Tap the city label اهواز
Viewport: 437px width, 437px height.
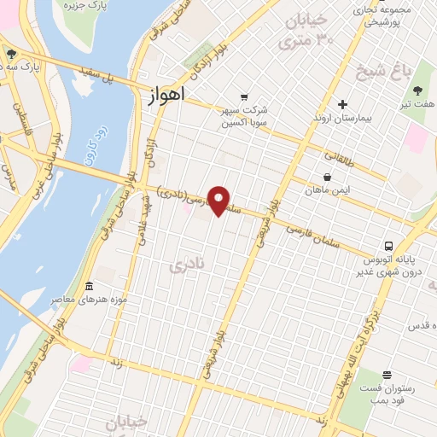coord(160,98)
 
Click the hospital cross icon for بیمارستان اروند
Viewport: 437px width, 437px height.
coord(342,104)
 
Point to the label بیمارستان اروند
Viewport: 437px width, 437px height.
coord(341,118)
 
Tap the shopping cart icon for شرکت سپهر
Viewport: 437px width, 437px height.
coord(245,97)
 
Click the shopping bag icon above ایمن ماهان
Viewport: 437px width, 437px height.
coord(328,178)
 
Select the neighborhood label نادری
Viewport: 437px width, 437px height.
coord(183,266)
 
